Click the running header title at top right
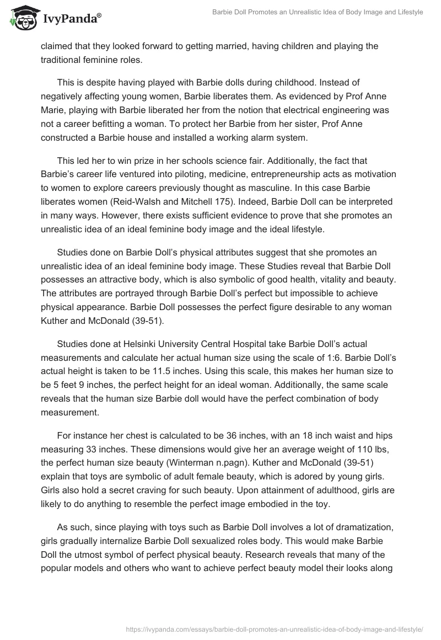(x=318, y=12)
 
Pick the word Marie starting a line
(x=53, y=110)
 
